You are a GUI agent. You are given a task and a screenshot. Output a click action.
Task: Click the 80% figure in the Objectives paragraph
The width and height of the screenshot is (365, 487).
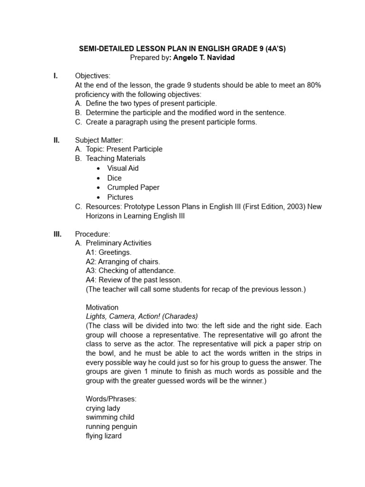click(x=314, y=85)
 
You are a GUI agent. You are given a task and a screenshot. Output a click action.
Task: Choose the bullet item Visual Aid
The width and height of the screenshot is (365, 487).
click(x=123, y=168)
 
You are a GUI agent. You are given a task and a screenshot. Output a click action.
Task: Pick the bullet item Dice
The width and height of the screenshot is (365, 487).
click(x=115, y=178)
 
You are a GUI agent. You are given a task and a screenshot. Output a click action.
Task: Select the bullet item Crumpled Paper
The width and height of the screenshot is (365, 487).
click(x=133, y=187)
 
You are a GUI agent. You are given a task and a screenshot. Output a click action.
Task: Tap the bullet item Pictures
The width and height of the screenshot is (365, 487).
click(x=120, y=197)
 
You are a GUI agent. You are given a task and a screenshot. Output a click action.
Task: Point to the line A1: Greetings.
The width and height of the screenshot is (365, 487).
click(x=109, y=253)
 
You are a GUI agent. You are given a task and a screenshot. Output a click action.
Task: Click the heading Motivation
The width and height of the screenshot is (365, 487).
click(x=102, y=307)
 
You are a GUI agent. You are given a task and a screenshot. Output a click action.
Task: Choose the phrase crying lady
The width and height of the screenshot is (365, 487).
click(x=103, y=408)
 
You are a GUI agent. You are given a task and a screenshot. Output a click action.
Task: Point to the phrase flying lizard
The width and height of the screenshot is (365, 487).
click(x=104, y=436)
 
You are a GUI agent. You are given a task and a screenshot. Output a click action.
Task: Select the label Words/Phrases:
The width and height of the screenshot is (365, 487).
click(x=111, y=399)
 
